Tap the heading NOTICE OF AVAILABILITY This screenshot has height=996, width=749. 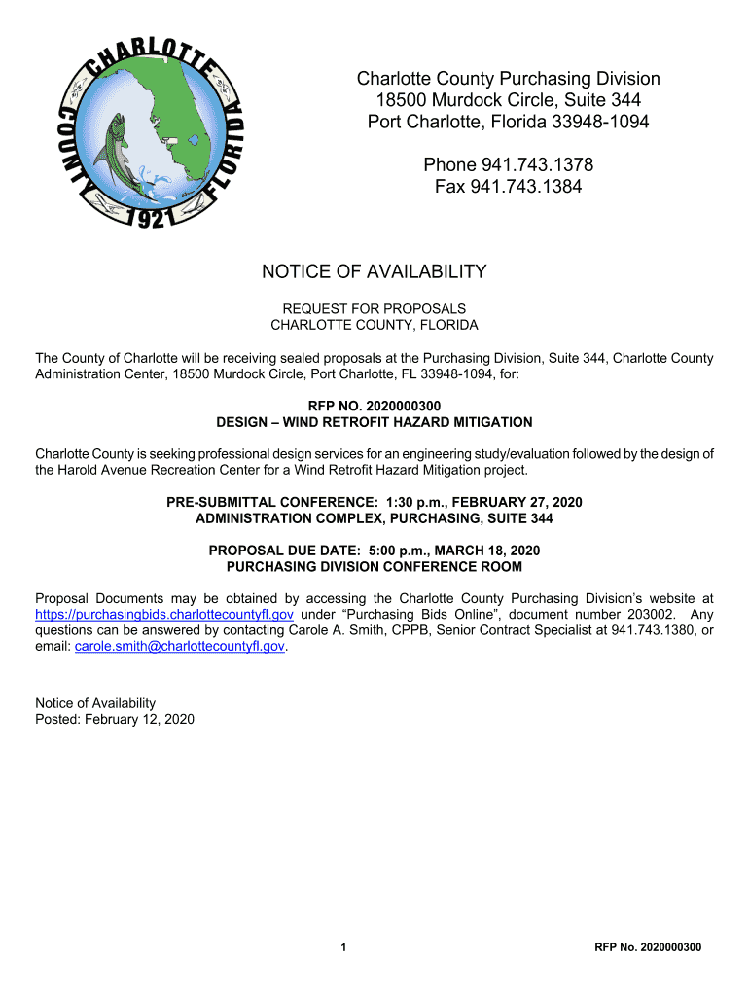[x=374, y=272]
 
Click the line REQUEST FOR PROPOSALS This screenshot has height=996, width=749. [x=374, y=308]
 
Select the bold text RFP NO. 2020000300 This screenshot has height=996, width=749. [x=374, y=407]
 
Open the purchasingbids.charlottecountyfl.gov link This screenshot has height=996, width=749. [x=164, y=615]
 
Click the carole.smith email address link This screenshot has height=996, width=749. [x=180, y=646]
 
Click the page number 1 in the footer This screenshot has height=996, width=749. [x=345, y=947]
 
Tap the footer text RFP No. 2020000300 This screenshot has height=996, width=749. [x=648, y=947]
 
